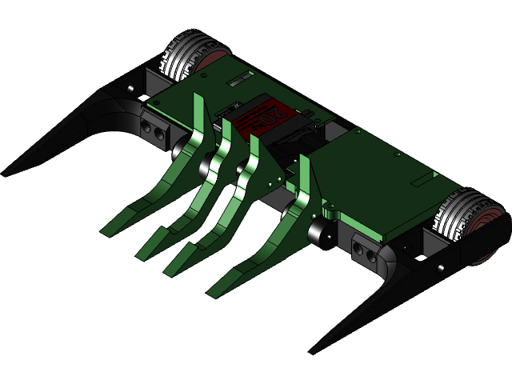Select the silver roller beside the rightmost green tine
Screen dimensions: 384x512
pyautogui.click(x=322, y=234)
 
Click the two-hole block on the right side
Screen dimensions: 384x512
pyautogui.click(x=364, y=253)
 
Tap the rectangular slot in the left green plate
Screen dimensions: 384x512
pyautogui.click(x=238, y=82)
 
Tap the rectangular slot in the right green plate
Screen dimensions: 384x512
pyautogui.click(x=421, y=181)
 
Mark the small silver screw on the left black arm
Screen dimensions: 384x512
pyautogui.click(x=128, y=87)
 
